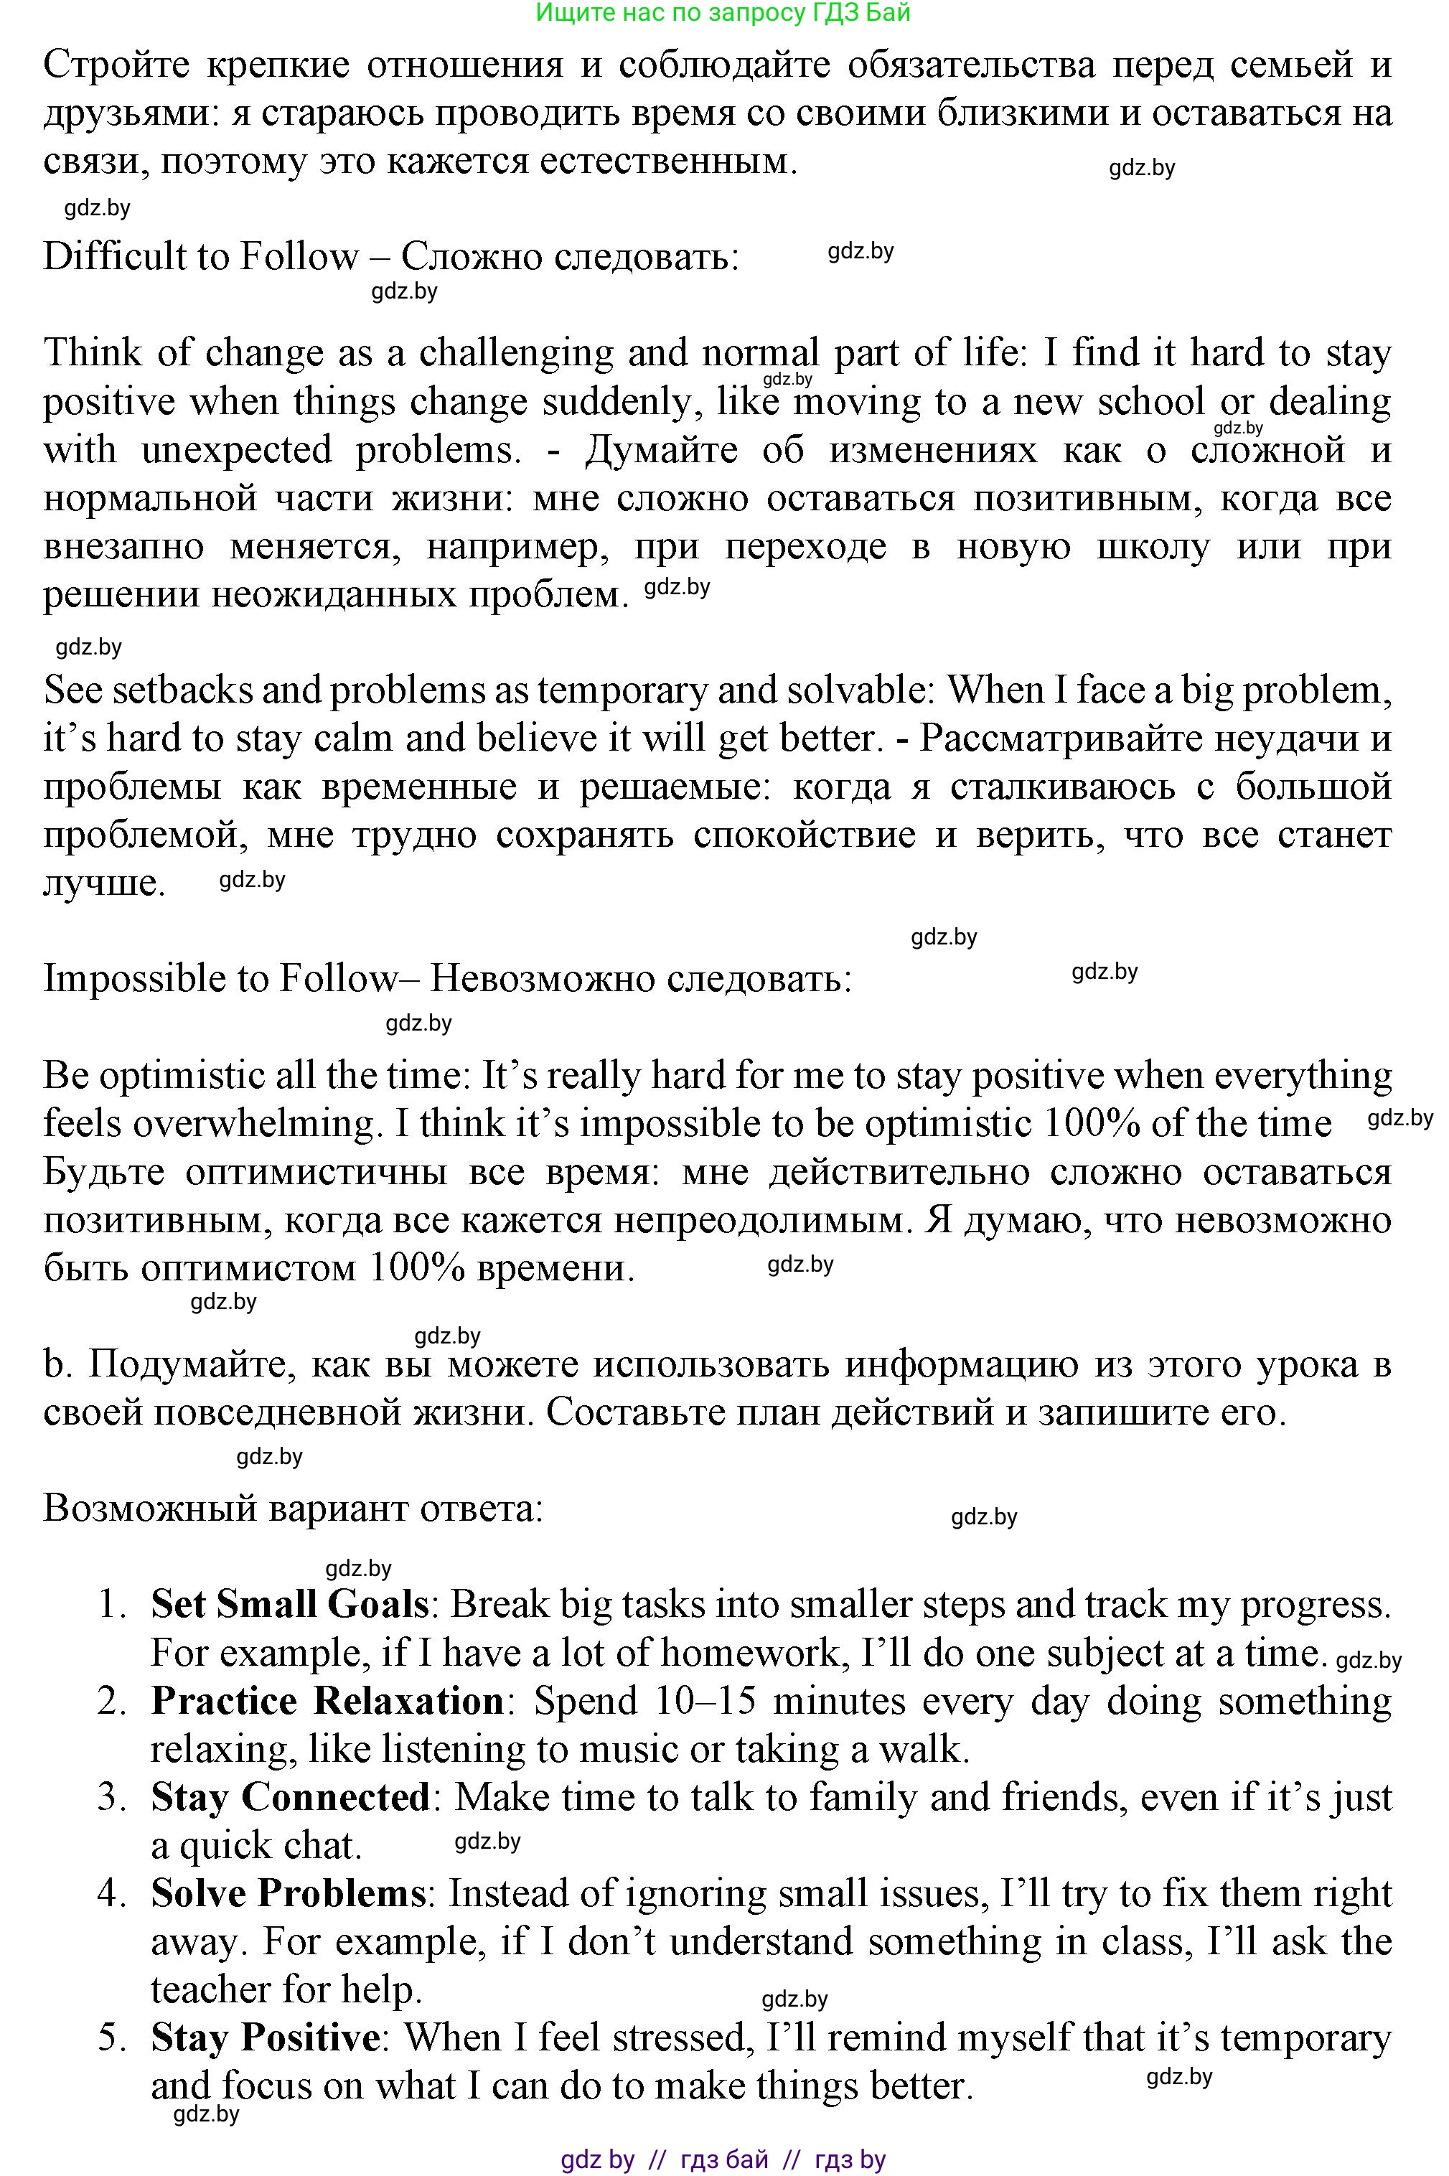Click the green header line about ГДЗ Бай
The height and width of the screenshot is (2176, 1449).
coord(723,12)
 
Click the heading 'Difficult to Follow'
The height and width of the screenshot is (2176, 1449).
coord(200,256)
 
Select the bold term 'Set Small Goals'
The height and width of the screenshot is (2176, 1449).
coord(289,1603)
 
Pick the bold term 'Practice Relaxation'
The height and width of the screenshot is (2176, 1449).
coord(327,1700)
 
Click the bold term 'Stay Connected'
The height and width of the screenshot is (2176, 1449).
coord(290,1796)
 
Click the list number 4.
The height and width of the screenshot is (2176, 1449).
coord(111,1893)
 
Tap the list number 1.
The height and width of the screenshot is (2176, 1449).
coord(111,1604)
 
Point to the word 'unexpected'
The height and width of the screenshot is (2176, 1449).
coord(235,450)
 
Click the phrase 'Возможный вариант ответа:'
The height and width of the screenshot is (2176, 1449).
coord(293,1508)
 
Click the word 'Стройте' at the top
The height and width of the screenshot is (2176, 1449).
coord(116,65)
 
